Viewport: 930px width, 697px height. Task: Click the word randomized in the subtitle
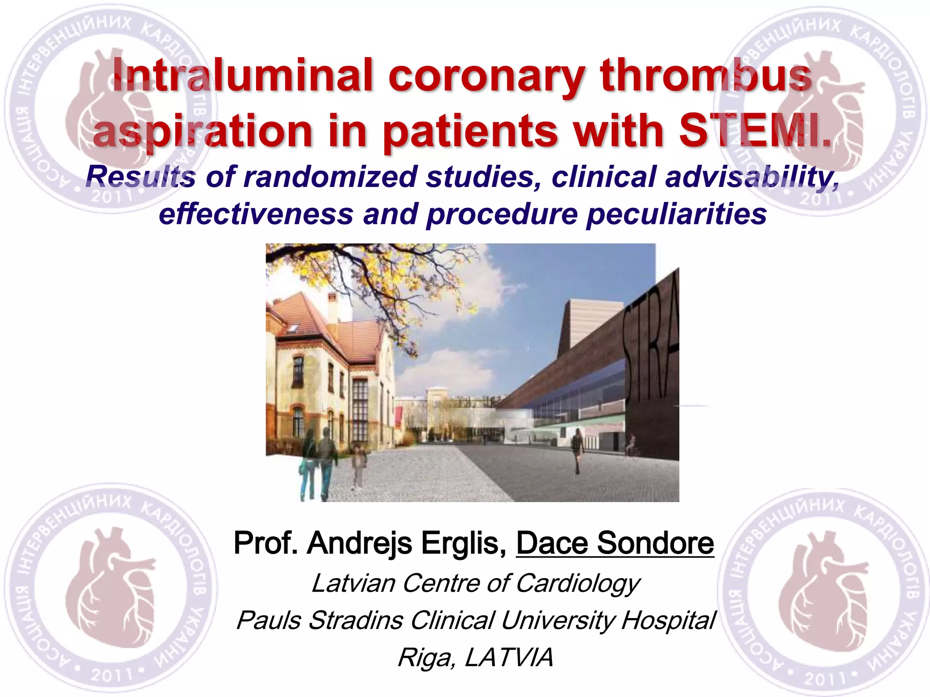click(330, 177)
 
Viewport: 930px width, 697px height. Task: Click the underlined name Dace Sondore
click(615, 543)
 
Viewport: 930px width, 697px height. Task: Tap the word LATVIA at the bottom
click(509, 657)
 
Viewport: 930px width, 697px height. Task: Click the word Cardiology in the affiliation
click(578, 583)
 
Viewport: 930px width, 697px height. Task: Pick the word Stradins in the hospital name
click(356, 620)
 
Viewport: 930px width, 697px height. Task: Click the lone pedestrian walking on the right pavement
click(578, 449)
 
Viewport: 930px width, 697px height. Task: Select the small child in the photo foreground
click(359, 467)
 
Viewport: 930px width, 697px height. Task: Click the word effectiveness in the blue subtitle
click(256, 214)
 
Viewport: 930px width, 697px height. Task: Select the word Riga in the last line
click(425, 657)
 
